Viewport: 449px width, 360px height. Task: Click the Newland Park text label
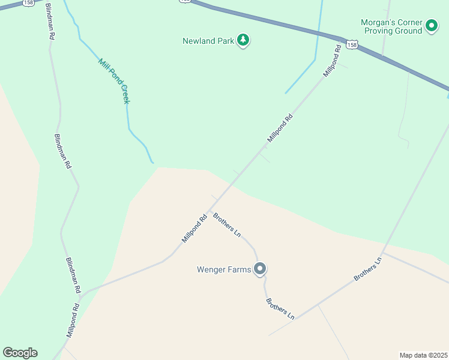207,41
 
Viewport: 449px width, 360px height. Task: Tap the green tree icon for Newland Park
243,41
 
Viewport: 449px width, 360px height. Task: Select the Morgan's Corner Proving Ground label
391,26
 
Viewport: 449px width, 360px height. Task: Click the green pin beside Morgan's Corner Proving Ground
431,26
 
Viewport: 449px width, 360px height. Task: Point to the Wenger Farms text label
223,269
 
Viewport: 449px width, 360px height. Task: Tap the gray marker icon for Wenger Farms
260,269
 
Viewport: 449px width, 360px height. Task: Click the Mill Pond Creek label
114,81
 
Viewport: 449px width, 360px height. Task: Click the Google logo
20,353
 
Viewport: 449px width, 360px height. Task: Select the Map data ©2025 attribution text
423,355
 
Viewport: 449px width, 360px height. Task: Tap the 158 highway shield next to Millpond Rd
352,44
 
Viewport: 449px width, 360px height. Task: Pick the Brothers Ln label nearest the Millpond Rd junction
227,224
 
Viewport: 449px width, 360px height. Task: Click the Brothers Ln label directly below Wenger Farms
280,308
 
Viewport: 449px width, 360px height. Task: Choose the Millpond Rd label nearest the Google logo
73,320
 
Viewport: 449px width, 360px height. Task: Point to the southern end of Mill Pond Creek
152,162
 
